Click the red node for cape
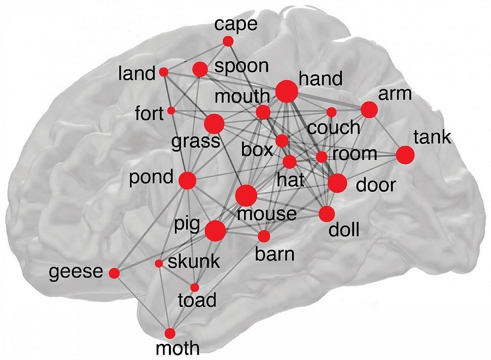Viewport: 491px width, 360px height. tap(228, 42)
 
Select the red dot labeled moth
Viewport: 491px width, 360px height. tap(170, 333)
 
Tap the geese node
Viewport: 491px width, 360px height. tap(114, 273)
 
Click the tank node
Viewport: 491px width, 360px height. tap(405, 155)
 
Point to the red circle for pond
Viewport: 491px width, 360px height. tap(188, 181)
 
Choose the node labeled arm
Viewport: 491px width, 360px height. tap(369, 110)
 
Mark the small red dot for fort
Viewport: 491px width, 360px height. tap(171, 111)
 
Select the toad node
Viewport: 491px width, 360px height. tap(194, 287)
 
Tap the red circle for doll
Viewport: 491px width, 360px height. tap(326, 214)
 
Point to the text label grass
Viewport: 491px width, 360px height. tap(195, 142)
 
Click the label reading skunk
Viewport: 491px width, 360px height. tap(193, 262)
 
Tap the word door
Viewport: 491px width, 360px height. tap(375, 185)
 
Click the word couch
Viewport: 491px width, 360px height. tap(334, 128)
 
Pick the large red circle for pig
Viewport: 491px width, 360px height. tap(215, 231)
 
